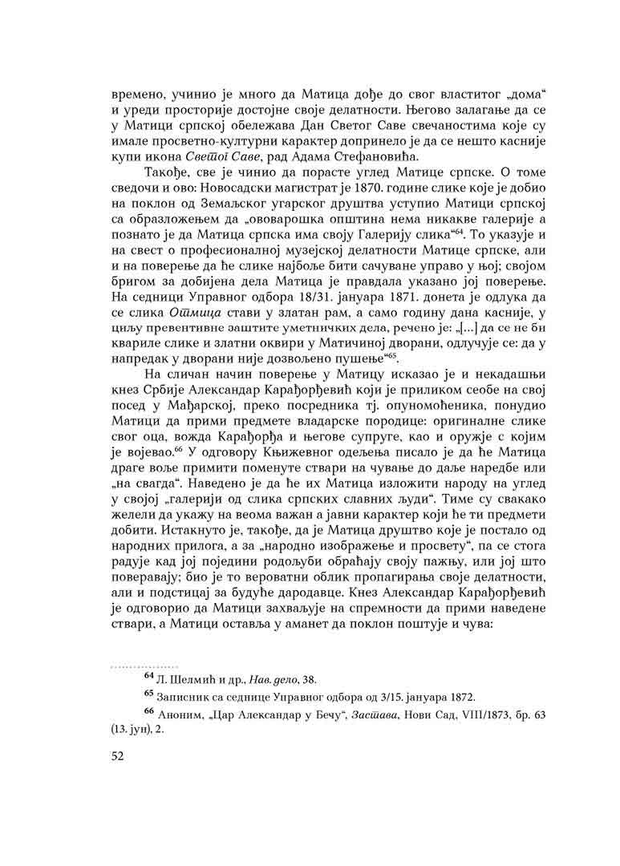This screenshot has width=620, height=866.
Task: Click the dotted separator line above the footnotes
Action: click(x=132, y=667)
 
